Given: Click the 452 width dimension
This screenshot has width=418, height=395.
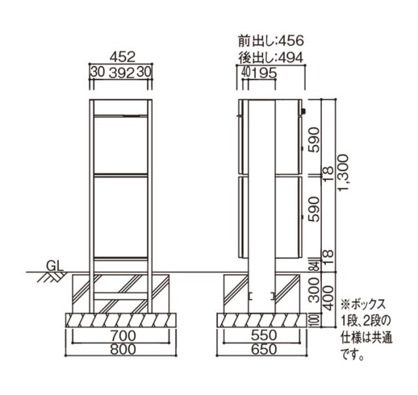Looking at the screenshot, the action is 123,57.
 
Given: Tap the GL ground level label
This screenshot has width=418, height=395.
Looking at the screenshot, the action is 56,266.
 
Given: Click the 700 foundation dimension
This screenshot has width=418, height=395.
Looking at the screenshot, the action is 123,336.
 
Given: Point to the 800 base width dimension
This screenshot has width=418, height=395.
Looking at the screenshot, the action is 123,349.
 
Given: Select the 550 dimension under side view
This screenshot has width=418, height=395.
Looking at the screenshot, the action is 263,336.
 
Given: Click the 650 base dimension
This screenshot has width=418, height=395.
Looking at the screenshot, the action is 263,349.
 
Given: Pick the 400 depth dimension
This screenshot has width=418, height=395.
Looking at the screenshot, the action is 329,298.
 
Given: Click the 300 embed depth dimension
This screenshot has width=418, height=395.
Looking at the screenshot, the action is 315,290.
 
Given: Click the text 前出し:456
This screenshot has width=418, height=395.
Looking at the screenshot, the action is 271,40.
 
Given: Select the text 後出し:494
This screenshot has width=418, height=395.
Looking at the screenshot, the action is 271,57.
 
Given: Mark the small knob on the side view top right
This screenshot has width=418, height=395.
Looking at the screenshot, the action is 303,111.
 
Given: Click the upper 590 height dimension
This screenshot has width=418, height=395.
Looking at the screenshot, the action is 314,140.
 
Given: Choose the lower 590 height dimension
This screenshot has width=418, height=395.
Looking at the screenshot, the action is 314,209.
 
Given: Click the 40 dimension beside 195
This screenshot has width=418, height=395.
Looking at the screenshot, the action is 246,72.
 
